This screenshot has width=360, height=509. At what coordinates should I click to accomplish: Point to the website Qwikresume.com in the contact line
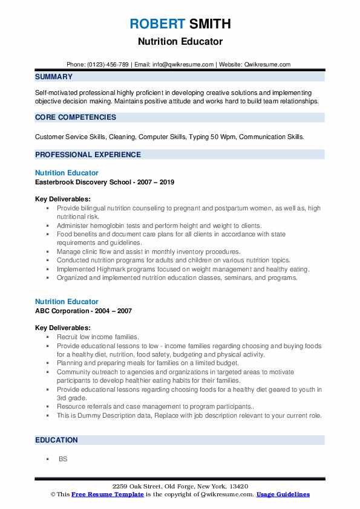point(268,65)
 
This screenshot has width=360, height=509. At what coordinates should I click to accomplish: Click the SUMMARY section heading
point(54,77)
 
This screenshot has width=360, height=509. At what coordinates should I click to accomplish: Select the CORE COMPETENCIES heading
point(76,117)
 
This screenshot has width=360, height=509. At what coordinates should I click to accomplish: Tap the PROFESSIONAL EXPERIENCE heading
point(88,155)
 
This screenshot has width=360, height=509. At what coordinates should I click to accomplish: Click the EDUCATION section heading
point(56,440)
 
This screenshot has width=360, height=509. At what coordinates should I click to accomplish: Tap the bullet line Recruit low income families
point(98,337)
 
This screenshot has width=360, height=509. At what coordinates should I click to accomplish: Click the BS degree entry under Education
point(63,459)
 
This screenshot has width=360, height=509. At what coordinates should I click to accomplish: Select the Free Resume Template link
point(108,494)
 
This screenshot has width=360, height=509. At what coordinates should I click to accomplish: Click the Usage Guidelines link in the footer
point(283,494)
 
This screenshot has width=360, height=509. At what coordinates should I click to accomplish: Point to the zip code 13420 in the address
point(238,487)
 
